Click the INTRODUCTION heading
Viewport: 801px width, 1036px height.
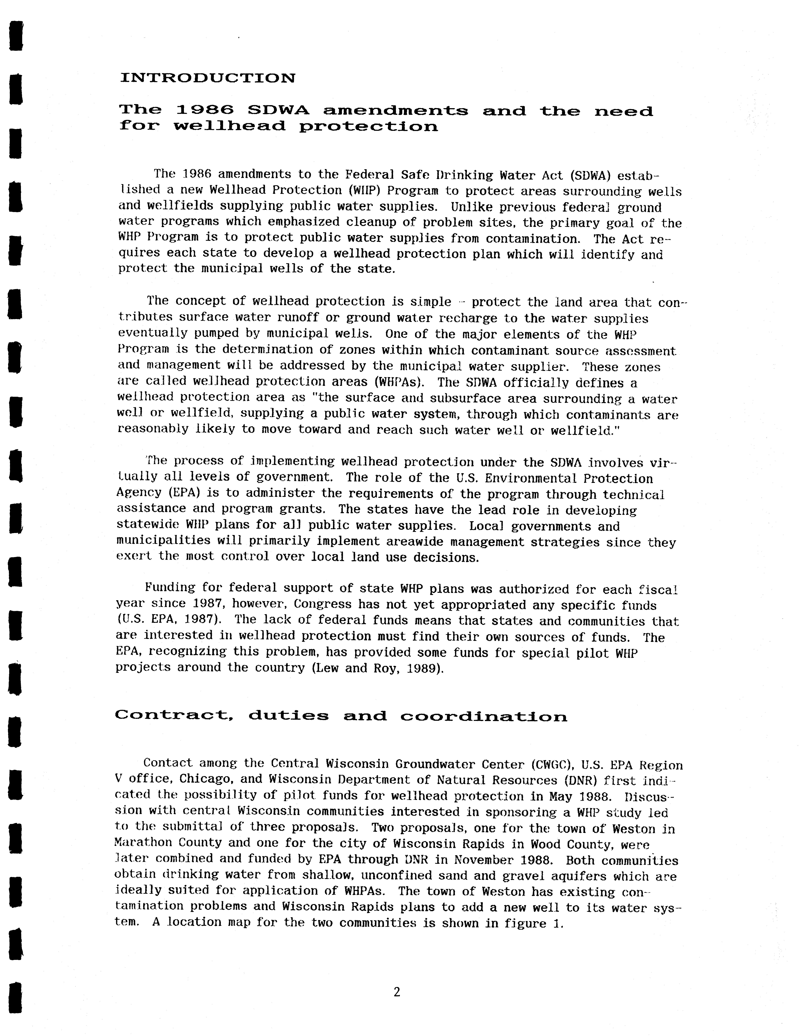208,78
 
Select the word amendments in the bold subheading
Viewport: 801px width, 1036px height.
396,111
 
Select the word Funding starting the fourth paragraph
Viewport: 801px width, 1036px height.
170,588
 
